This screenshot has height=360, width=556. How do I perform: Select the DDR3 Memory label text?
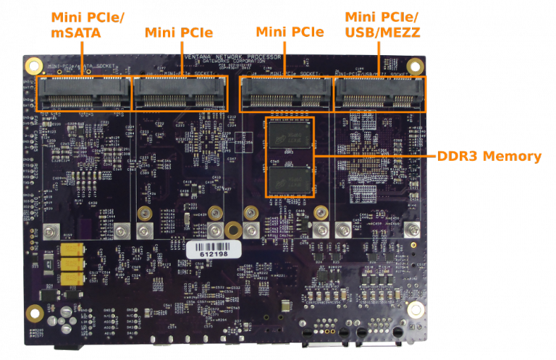[489, 156]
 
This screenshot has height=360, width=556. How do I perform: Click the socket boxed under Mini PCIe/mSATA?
[83, 93]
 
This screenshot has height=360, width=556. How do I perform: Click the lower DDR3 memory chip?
[290, 178]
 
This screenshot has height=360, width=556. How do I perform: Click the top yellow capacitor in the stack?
[71, 250]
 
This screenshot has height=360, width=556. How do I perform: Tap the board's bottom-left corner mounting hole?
[34, 314]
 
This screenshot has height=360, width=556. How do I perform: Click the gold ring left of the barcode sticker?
[145, 213]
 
